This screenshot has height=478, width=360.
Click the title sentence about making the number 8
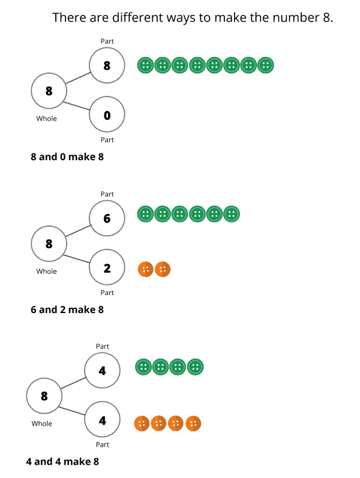click(193, 17)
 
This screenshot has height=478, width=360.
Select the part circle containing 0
click(107, 115)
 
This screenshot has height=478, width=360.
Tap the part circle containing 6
click(107, 218)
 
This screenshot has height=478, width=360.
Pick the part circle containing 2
click(107, 267)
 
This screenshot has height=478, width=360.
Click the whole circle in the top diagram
click(49, 91)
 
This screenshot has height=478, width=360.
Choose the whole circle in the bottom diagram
click(44, 396)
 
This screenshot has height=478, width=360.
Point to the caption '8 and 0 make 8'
click(67, 157)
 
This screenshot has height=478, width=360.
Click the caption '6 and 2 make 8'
click(67, 309)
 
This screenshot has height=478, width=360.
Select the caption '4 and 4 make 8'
click(62, 462)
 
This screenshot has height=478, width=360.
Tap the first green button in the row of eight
click(145, 65)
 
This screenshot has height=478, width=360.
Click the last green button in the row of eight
click(266, 65)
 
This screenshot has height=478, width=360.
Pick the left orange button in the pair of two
click(145, 269)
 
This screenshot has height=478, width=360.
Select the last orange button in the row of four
click(193, 423)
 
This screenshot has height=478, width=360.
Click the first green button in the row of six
click(145, 213)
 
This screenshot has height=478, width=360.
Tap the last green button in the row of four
click(196, 366)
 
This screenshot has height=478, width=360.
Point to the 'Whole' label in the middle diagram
click(46, 271)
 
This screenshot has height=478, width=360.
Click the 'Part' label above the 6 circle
click(107, 194)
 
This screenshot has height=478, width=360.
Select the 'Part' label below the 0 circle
click(107, 140)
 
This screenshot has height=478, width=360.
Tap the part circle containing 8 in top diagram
click(107, 66)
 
